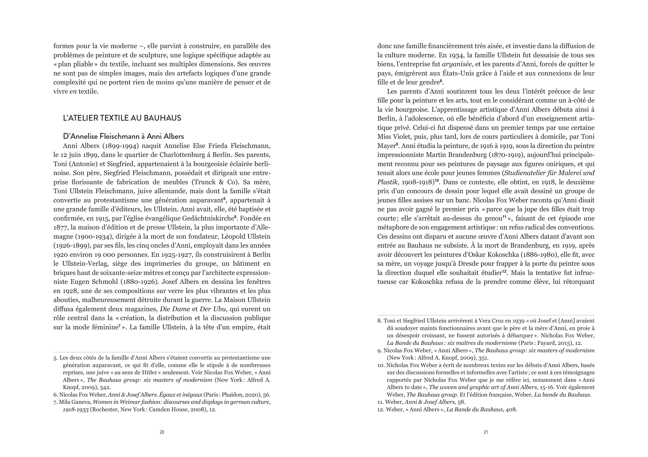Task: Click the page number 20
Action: [x=162, y=432]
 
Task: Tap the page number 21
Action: [x=486, y=432]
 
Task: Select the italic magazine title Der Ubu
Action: [x=213, y=309]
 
